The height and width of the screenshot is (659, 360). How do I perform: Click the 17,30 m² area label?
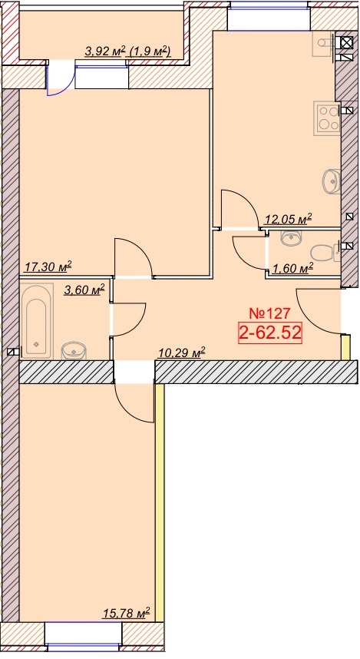coord(48,267)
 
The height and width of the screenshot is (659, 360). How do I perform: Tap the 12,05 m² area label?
coord(288,219)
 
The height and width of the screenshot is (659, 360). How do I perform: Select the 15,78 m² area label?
coord(127,613)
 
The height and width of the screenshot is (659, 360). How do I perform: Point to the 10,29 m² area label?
coord(181,353)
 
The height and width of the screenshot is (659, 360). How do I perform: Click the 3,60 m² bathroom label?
coord(84,290)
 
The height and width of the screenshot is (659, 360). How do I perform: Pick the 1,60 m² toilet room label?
coord(292,268)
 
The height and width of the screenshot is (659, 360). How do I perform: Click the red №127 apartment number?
coord(269,313)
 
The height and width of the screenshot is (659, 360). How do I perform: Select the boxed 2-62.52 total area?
coord(270,333)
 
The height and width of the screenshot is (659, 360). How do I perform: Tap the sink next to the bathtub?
coord(74,351)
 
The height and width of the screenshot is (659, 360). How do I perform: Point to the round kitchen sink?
coord(332,181)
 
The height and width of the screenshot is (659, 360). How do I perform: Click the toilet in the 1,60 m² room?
coord(325,253)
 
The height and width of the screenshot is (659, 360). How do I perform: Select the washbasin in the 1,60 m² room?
coord(290,238)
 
